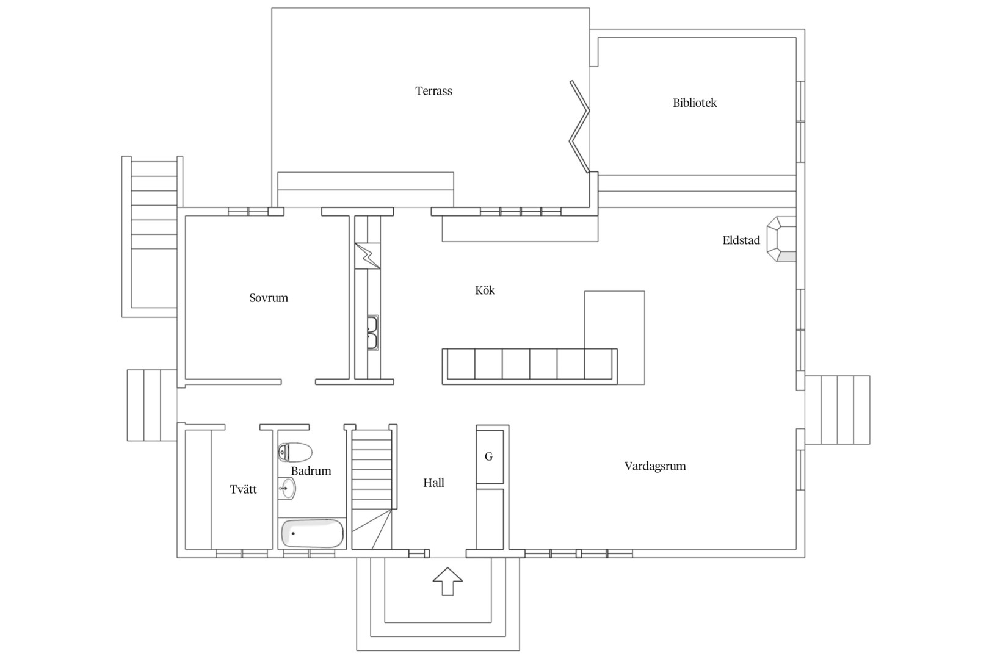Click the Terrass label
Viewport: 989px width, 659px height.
[433, 91]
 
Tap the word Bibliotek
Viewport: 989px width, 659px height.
[695, 103]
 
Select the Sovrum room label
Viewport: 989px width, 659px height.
[269, 298]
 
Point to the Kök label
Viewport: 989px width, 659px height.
[485, 290]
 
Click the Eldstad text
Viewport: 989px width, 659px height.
[741, 240]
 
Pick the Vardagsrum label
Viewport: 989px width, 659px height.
[655, 467]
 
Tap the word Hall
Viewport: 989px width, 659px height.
[433, 483]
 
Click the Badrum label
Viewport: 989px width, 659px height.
[311, 471]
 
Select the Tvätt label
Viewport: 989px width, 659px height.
[243, 489]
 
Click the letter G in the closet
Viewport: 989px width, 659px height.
[488, 456]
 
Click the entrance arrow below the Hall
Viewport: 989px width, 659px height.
[447, 581]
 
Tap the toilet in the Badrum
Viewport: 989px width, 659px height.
[295, 452]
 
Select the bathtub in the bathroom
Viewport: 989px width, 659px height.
[312, 533]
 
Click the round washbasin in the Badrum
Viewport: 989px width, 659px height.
[287, 489]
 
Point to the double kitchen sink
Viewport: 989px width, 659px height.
[373, 333]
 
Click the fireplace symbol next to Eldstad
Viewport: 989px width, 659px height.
[781, 239]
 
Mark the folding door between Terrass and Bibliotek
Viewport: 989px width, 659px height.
[579, 127]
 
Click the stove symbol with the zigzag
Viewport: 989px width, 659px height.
[368, 256]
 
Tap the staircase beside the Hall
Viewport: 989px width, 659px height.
[372, 488]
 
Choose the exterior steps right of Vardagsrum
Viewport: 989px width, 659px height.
[837, 410]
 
